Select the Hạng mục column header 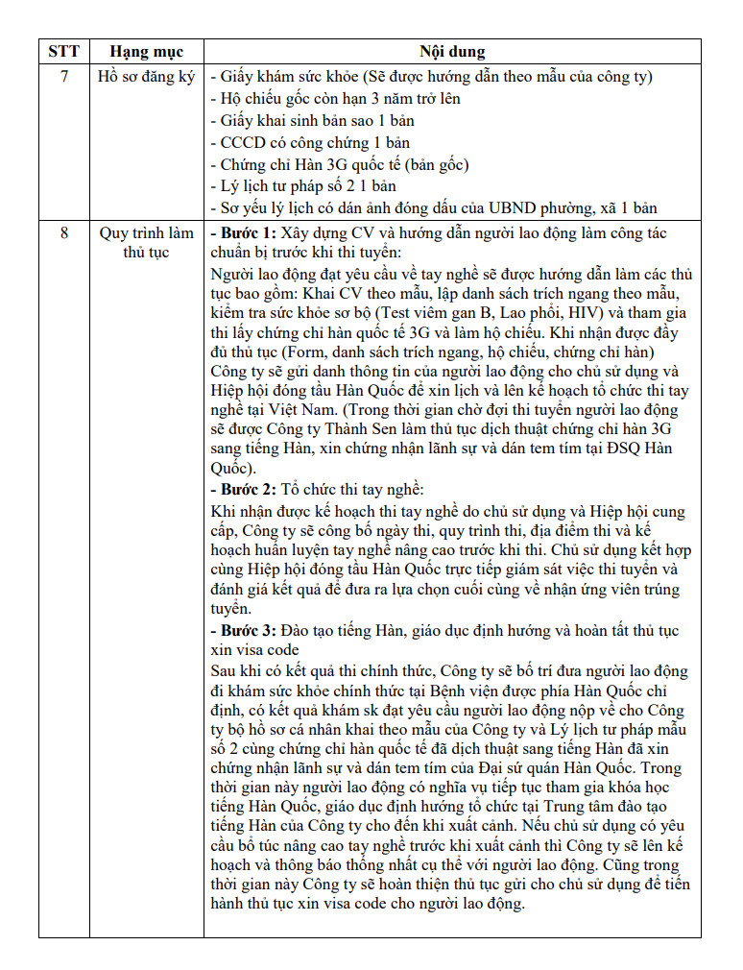pos(146,51)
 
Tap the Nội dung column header pos(452,51)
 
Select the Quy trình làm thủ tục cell pos(146,242)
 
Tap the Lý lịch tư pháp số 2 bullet pos(302,185)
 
